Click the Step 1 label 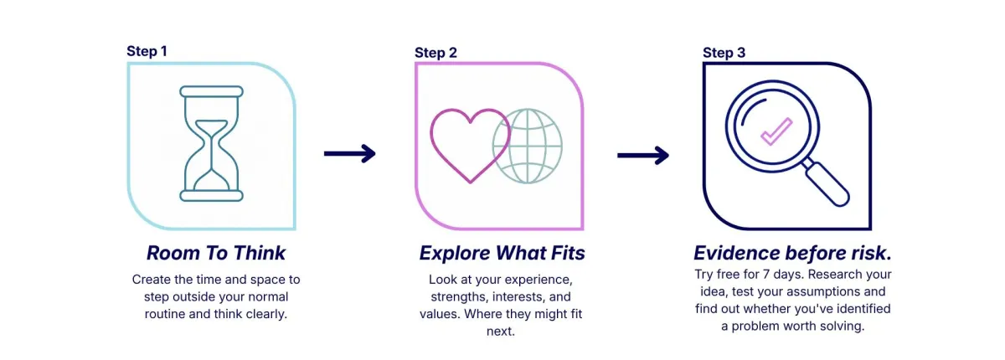pyautogui.click(x=147, y=51)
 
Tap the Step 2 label pyautogui.click(x=435, y=53)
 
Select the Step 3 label pyautogui.click(x=724, y=53)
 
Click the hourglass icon pyautogui.click(x=211, y=143)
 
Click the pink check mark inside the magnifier pyautogui.click(x=776, y=131)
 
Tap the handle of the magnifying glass pyautogui.click(x=827, y=184)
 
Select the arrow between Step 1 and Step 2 pyautogui.click(x=349, y=154)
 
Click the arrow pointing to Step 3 pyautogui.click(x=643, y=156)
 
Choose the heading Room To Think pyautogui.click(x=216, y=253)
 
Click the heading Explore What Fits pyautogui.click(x=502, y=253)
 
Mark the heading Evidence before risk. pyautogui.click(x=792, y=253)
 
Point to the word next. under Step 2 pyautogui.click(x=501, y=332)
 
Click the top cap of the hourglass pyautogui.click(x=211, y=92)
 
